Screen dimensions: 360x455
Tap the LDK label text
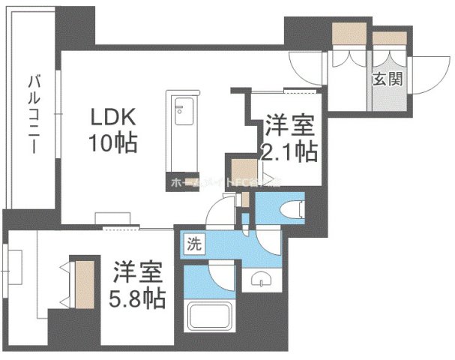click(x=112, y=118)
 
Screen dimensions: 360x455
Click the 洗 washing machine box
click(x=193, y=243)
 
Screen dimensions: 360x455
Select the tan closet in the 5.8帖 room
click(x=84, y=281)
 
